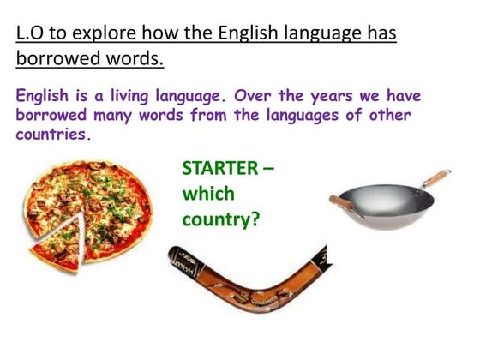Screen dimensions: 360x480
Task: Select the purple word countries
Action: [51, 135]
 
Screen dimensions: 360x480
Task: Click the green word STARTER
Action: [219, 167]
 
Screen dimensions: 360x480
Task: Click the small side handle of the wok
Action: [340, 202]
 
